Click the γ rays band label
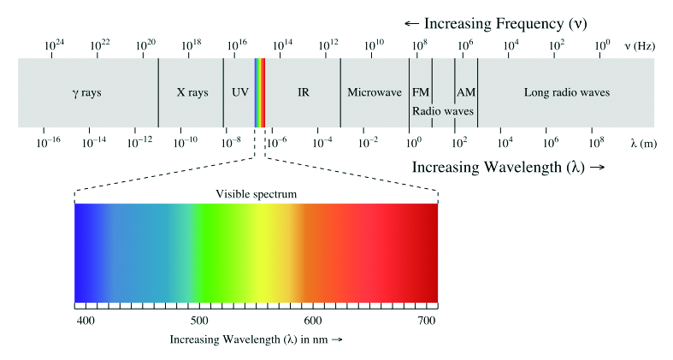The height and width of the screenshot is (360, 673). [86, 92]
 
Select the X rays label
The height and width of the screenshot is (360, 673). [192, 92]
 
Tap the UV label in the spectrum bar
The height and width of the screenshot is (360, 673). [239, 92]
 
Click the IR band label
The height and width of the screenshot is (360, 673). [303, 92]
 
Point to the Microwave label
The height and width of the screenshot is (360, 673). [374, 92]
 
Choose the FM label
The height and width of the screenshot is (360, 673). [421, 92]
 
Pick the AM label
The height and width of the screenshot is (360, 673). [466, 92]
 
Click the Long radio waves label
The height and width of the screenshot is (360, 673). [566, 92]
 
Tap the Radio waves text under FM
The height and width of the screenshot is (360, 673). [443, 111]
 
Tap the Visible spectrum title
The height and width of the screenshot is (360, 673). [256, 194]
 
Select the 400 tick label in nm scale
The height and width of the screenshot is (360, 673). [85, 320]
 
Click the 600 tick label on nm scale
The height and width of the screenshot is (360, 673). [313, 320]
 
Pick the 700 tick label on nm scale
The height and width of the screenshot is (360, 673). [426, 320]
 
